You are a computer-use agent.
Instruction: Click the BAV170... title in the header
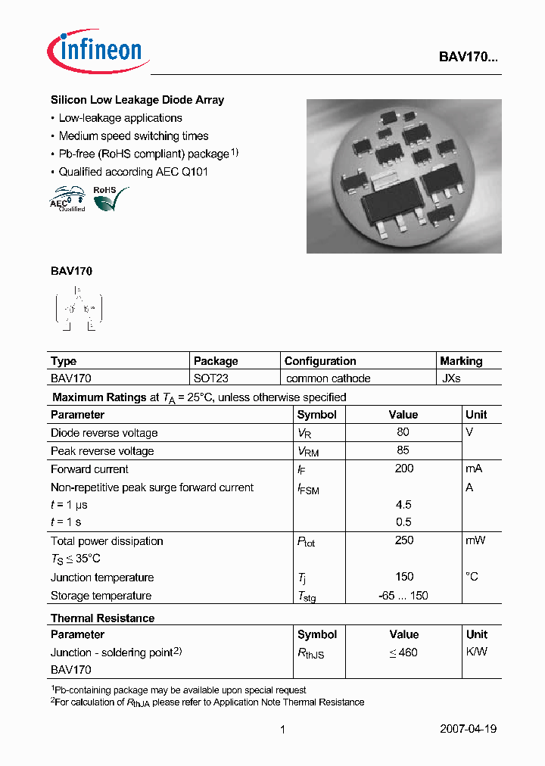(469, 57)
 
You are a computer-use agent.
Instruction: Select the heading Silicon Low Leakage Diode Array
(137, 100)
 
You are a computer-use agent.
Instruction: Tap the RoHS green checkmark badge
(110, 199)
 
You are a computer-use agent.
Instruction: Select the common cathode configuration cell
(328, 378)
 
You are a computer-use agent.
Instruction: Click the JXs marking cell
(451, 378)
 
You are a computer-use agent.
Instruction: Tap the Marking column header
(461, 361)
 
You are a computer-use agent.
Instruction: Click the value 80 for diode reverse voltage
(403, 432)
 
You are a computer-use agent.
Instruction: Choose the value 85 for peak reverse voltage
(403, 450)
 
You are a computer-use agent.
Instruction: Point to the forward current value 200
(403, 469)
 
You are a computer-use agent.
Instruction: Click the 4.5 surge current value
(403, 505)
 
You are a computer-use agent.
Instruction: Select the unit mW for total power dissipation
(475, 540)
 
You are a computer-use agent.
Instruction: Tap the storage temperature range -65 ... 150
(403, 596)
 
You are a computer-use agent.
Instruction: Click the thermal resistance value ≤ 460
(403, 652)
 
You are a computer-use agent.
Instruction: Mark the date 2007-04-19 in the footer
(468, 730)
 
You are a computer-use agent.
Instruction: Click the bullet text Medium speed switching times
(133, 136)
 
